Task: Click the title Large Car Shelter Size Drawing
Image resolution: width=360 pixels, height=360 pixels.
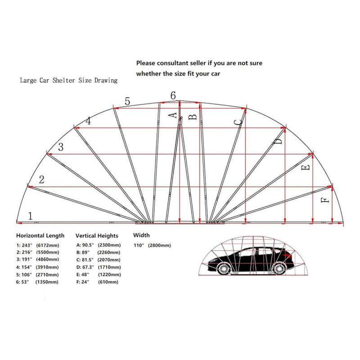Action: pos(68,81)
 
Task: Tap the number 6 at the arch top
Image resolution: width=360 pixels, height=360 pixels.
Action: pos(173,95)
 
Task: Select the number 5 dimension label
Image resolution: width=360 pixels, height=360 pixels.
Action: pos(127,102)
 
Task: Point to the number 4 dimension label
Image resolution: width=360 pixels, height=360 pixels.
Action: pos(88,121)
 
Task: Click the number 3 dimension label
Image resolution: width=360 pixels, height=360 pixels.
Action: pos(61,147)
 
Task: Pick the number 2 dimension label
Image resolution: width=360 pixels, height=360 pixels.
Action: pos(41,180)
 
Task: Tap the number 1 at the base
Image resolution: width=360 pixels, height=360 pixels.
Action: pos(30,216)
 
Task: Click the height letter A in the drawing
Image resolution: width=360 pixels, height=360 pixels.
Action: pos(172,116)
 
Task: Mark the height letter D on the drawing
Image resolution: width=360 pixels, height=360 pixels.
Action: pos(279,142)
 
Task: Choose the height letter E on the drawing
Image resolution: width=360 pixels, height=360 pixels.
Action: pos(307,168)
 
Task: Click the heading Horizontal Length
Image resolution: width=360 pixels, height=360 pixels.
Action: pos(40,235)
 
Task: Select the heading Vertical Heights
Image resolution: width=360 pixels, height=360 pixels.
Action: pos(97,235)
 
